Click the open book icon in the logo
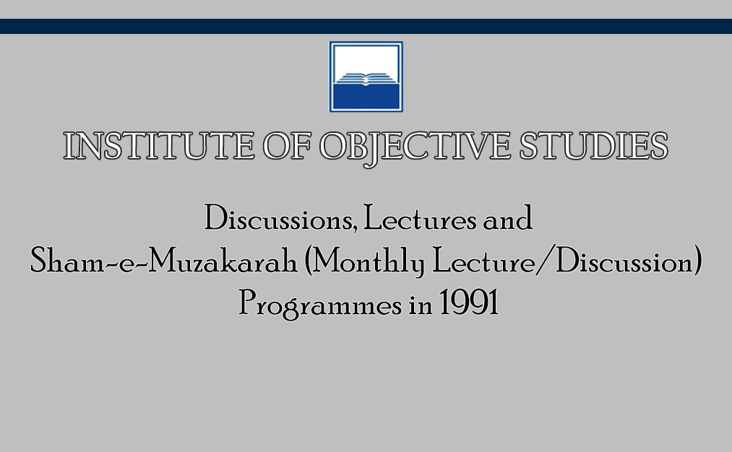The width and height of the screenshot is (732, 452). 366,79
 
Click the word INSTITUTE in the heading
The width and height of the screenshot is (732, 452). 159,146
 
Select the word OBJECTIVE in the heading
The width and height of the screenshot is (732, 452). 415,148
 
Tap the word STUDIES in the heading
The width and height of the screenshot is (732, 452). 594,146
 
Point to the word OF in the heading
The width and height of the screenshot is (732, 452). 287,146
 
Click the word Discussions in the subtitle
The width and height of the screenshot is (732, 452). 279,218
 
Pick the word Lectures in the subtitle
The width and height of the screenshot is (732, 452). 420,218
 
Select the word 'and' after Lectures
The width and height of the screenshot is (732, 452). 507,218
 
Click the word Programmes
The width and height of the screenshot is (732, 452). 320,304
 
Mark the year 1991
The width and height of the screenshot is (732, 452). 469,303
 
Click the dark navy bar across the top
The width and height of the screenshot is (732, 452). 366,26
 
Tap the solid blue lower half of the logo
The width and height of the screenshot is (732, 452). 366,97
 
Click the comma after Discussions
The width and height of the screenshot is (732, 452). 356,229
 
